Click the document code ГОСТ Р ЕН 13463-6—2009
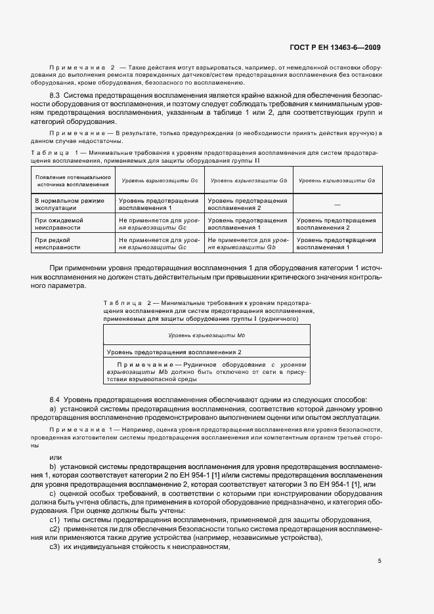[x=335, y=47]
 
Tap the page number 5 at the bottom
[x=380, y=560]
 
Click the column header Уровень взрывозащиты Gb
[x=250, y=180]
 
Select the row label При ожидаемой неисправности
[x=59, y=224]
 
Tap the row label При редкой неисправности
[x=56, y=244]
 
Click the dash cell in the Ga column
[x=337, y=204]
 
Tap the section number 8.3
[x=55, y=96]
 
